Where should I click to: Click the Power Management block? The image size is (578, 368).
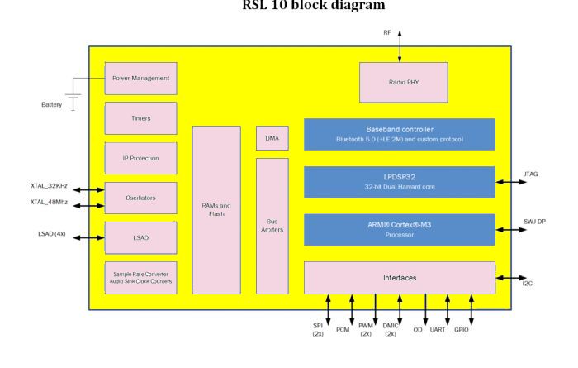click(140, 79)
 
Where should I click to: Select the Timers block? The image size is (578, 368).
click(140, 118)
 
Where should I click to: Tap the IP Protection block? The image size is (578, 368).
click(140, 158)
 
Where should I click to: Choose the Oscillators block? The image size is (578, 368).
click(140, 198)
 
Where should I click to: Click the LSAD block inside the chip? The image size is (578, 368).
click(140, 237)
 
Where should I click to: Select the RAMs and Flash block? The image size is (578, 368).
click(216, 210)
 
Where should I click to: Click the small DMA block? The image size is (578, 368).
click(272, 138)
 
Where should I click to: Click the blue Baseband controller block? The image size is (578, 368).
click(399, 134)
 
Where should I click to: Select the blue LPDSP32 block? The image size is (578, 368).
click(399, 182)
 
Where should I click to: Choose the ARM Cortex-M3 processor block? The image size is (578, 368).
click(399, 230)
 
